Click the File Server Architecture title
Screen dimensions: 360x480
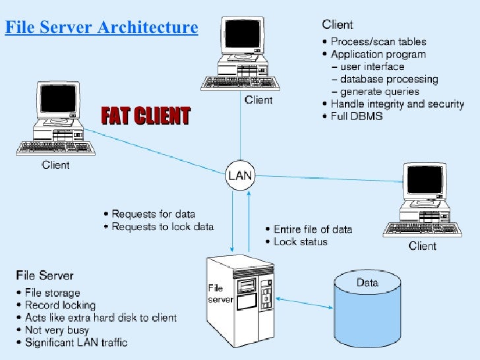coord(102,28)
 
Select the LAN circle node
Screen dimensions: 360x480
coord(239,175)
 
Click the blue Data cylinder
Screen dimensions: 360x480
coord(367,304)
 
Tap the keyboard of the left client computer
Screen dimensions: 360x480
coord(48,147)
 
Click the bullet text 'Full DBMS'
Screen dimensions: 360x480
coord(356,116)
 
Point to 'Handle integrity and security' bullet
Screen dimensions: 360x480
coord(397,104)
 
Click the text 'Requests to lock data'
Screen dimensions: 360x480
coord(162,226)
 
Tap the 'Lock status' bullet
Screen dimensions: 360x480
coord(300,241)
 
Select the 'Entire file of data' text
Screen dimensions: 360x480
coord(313,229)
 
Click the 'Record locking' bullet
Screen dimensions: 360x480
coord(59,305)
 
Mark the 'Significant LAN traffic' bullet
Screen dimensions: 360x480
coord(75,342)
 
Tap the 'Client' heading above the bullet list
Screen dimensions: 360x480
coord(337,25)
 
